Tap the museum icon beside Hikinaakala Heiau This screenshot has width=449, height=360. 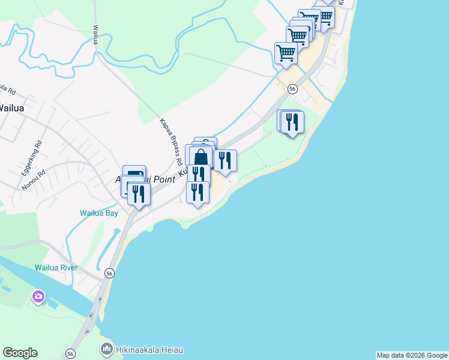pos(106,349)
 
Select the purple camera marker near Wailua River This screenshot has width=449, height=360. pos(39,296)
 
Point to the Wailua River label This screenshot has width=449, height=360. pos(56,268)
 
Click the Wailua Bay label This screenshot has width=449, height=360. pos(99,213)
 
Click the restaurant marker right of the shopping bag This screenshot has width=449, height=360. pos(225,161)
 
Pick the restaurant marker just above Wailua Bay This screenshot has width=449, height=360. pos(139,194)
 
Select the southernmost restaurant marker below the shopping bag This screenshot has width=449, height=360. pos(197,193)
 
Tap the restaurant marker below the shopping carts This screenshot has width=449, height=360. pos(292,122)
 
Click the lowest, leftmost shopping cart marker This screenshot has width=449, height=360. pos(286,53)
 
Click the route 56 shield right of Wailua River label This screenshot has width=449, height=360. pos(109,273)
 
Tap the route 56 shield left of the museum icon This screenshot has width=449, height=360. pos(71,354)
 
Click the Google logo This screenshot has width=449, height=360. pos(20,353)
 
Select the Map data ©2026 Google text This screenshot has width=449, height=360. pos(412,355)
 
